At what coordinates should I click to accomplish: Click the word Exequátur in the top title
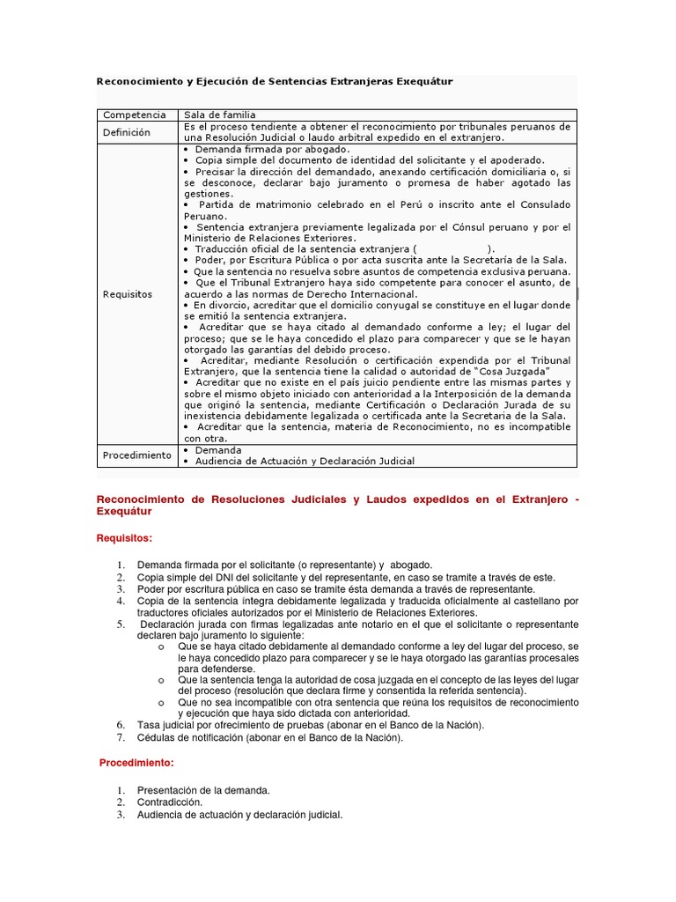[x=425, y=81]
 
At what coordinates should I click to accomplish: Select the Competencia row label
[x=134, y=115]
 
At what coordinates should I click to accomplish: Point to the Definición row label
[x=127, y=132]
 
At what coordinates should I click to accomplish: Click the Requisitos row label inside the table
[x=128, y=293]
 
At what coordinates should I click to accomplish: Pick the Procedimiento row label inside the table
[x=136, y=455]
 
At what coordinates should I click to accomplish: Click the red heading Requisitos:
[x=124, y=537]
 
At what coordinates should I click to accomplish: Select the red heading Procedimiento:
[x=136, y=762]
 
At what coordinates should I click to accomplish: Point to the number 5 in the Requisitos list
[x=121, y=625]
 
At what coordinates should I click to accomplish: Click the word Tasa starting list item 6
[x=149, y=725]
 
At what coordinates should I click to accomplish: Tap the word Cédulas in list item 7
[x=156, y=737]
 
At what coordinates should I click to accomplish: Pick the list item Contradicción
[x=169, y=802]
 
